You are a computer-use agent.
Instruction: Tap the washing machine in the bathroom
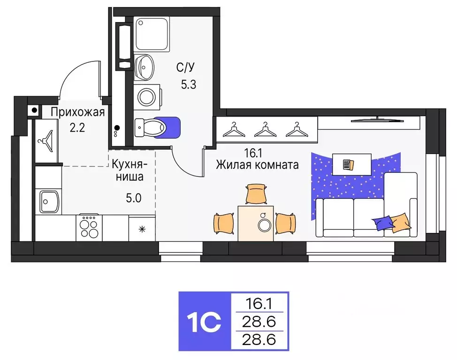147,97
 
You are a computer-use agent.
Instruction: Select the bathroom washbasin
145,67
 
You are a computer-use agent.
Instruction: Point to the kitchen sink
48,201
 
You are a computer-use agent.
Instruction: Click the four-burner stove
89,228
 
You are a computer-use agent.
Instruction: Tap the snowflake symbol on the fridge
142,229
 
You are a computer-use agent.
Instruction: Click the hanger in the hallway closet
46,139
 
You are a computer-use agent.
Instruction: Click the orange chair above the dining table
256,193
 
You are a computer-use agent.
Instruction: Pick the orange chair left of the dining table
224,222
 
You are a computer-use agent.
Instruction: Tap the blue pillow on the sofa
383,223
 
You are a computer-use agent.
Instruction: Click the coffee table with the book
351,164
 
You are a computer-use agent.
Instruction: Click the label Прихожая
77,112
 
